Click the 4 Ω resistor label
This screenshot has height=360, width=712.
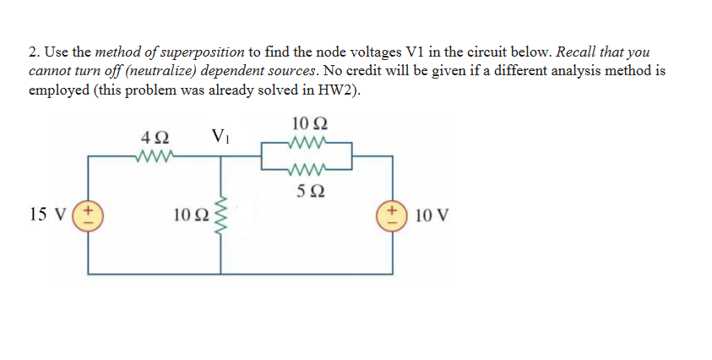[x=156, y=136]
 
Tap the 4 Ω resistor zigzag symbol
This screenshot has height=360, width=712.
[x=155, y=155]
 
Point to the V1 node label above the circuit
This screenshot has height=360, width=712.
[x=221, y=135]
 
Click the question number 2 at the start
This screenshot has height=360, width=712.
[x=34, y=52]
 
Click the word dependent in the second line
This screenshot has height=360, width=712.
[x=218, y=71]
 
